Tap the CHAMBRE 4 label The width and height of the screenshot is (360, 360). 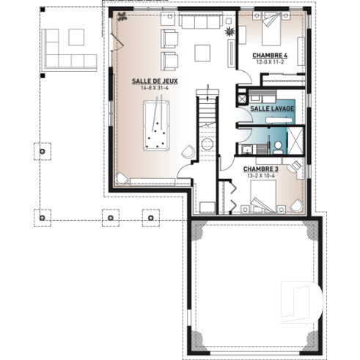[269, 55]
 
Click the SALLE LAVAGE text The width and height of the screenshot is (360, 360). [272, 108]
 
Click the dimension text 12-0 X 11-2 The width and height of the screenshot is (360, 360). [269, 62]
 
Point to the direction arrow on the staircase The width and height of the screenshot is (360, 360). [209, 94]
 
